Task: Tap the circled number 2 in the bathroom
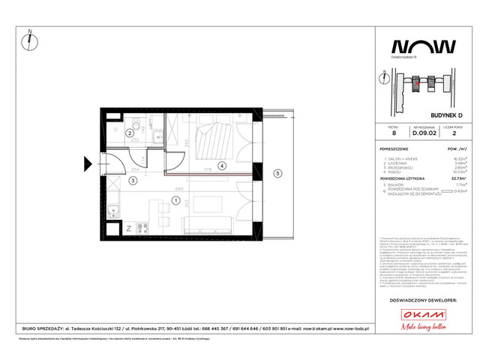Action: click(x=129, y=133)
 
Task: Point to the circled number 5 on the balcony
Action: click(x=277, y=174)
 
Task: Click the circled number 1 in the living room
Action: click(x=175, y=200)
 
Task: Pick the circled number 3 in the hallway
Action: click(x=132, y=180)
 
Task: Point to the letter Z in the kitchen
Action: click(x=129, y=228)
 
